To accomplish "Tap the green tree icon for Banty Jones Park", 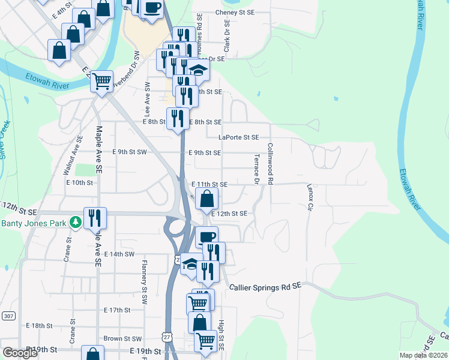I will pos(75,223).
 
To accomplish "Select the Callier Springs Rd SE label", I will pos(265,287).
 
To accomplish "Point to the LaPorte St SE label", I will pos(238,137).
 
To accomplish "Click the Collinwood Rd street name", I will pos(271,163).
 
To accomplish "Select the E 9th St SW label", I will pos(130,152).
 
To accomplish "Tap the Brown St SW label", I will pos(122,339).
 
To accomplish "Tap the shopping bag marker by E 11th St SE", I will pos(206,197).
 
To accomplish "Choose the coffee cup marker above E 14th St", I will pos(206,237).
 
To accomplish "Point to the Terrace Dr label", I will pos(256,169).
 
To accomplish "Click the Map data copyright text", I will pos(424,355).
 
